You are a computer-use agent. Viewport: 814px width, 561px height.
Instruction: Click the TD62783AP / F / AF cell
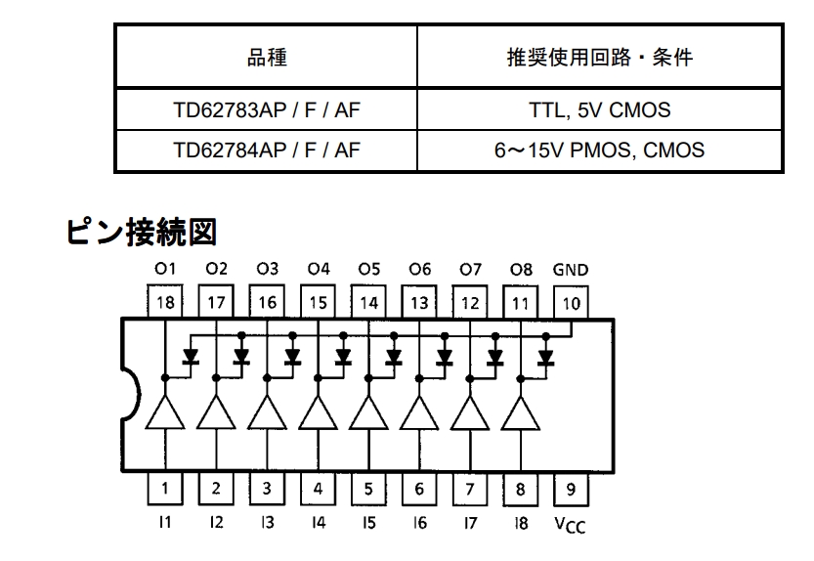click(x=267, y=109)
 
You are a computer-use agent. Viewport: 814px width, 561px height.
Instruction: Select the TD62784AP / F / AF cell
click(x=267, y=151)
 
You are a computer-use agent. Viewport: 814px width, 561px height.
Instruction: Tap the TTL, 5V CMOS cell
click(x=600, y=109)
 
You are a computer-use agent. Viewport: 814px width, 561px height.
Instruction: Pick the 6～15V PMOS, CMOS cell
click(x=600, y=151)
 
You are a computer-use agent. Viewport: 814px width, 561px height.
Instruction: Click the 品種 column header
click(x=267, y=57)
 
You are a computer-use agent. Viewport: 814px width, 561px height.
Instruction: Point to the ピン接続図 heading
click(x=141, y=232)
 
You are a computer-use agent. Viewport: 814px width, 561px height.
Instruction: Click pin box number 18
click(x=165, y=301)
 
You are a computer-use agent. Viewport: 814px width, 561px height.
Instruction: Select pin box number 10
click(x=571, y=302)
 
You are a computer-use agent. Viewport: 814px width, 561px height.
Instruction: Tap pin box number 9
click(x=571, y=489)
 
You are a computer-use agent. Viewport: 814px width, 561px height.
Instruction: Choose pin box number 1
click(x=165, y=489)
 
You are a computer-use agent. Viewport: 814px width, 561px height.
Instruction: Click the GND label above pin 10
click(x=571, y=270)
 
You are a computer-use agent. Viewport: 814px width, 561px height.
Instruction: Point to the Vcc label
click(x=570, y=525)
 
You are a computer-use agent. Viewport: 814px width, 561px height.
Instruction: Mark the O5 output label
click(x=369, y=269)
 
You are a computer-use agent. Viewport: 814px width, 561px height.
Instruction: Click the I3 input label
click(x=268, y=522)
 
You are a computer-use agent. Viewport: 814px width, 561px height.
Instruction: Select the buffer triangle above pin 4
click(x=319, y=412)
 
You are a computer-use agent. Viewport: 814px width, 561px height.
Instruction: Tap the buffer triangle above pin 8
click(x=521, y=413)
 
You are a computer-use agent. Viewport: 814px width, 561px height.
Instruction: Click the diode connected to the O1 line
click(x=191, y=357)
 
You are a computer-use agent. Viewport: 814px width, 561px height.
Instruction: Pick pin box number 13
click(x=419, y=302)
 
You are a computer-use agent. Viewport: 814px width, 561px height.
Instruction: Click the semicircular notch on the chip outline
click(x=131, y=395)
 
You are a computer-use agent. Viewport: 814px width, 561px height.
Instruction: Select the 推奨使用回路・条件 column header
click(x=600, y=57)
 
